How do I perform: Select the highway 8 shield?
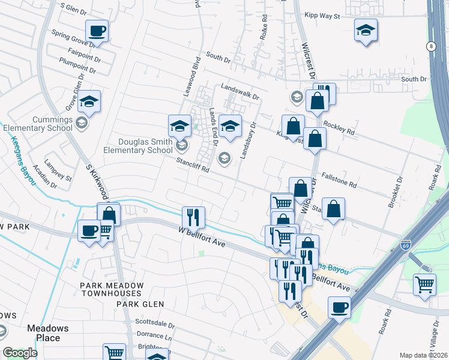pos(430,46)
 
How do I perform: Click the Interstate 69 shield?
pos(405,246)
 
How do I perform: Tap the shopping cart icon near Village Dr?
pos(424,284)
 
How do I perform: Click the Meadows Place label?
pos(47,333)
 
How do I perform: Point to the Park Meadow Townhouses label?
pos(112,289)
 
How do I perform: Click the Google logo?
pos(20,353)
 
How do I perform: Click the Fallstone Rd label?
pos(339,179)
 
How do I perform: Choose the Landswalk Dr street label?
pos(240,91)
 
